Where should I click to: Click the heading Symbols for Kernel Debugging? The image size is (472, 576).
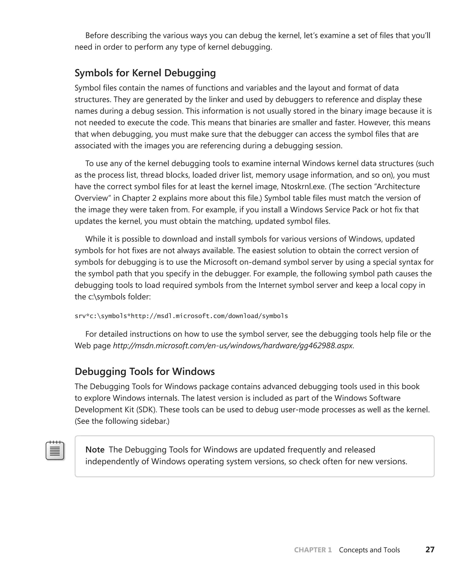(145, 73)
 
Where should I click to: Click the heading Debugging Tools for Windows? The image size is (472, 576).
(145, 372)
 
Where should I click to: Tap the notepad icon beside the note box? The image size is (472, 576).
(55, 450)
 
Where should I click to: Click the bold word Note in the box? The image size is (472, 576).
(95, 450)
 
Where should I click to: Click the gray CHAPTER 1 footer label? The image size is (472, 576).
(313, 550)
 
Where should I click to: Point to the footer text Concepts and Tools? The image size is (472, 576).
(369, 550)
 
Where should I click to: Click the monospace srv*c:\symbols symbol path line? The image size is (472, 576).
(181, 316)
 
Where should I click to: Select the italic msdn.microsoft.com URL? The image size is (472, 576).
(233, 346)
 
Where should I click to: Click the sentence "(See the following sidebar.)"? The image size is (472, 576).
(122, 421)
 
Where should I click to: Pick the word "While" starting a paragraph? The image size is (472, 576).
(95, 239)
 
